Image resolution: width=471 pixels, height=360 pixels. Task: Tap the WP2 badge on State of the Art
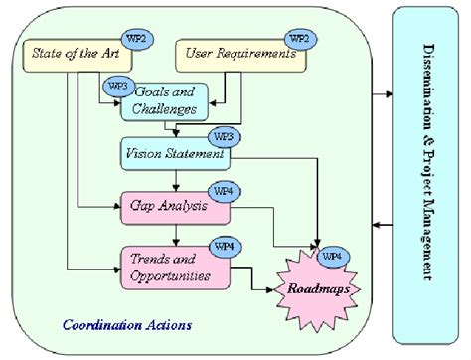click(x=141, y=37)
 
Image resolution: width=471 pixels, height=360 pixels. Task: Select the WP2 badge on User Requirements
click(x=298, y=37)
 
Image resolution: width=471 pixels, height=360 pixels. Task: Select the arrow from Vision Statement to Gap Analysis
click(x=174, y=178)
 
